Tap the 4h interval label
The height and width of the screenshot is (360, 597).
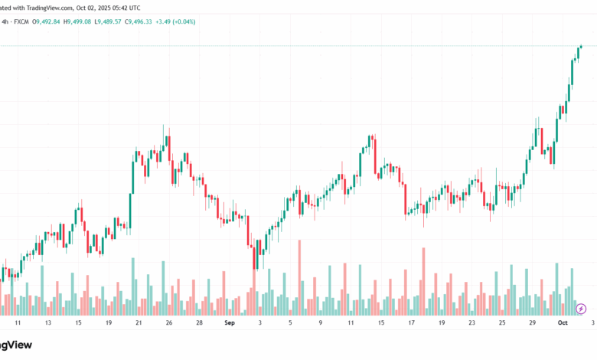coord(5,21)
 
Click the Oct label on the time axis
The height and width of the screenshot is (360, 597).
coord(563,324)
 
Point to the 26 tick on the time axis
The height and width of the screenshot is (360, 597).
coord(168,324)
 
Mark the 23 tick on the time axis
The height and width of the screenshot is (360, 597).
coord(472,324)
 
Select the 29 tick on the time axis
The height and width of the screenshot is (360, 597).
coord(532,324)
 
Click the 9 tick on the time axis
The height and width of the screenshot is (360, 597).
coord(321,324)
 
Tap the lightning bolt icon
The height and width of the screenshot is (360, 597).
coord(580,308)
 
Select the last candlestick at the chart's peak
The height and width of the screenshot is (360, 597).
coord(581,47)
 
